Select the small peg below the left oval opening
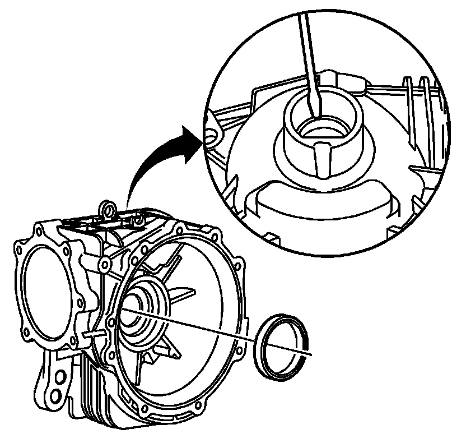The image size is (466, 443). pos(87,334)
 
